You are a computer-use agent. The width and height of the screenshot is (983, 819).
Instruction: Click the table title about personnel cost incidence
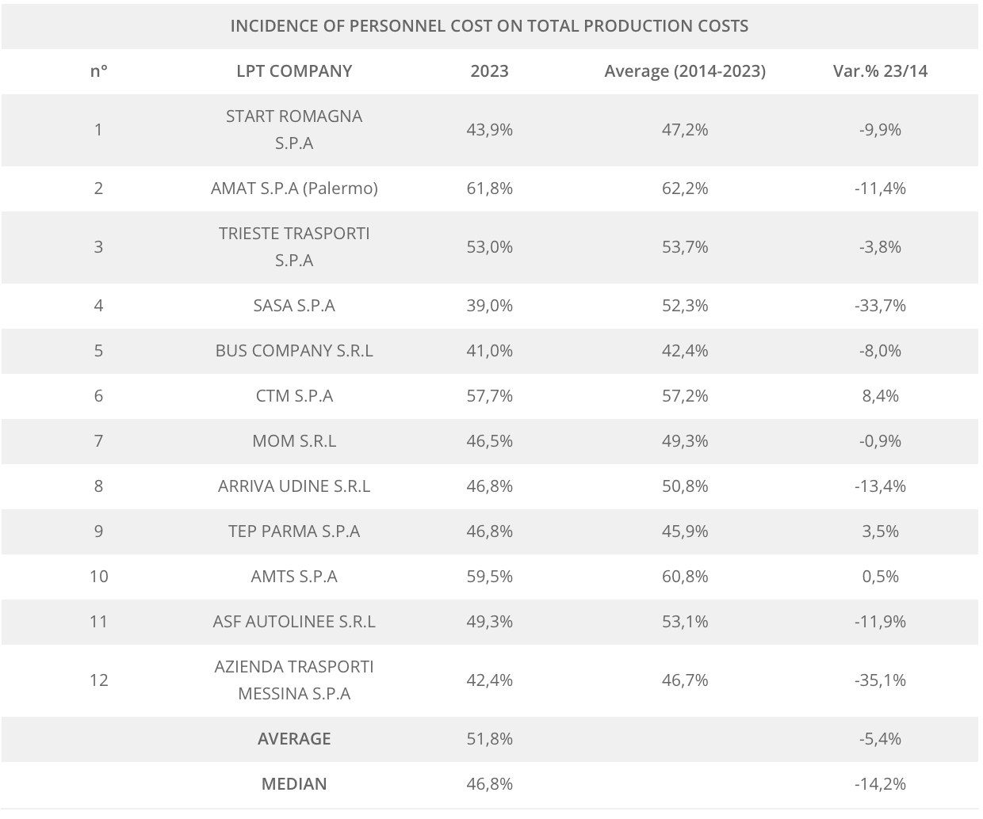489,25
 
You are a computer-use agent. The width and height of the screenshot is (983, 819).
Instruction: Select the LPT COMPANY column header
294,70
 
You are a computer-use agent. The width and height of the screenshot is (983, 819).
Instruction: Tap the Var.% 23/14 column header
880,70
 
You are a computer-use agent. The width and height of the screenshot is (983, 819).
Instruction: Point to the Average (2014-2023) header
685,70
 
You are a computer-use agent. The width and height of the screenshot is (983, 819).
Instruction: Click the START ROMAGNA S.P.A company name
294,129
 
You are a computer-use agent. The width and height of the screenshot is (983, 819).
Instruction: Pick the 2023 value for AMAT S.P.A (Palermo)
489,188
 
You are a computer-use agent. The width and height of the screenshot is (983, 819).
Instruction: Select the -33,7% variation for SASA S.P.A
880,305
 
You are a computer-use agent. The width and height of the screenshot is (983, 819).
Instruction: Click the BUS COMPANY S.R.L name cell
294,350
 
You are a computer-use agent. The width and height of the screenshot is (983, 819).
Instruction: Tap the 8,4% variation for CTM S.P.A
880,395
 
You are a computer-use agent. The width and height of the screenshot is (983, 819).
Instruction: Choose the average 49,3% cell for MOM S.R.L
685,440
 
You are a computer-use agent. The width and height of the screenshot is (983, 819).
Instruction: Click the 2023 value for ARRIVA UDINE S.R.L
489,486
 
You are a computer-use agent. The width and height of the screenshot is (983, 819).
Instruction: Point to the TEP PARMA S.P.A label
294,531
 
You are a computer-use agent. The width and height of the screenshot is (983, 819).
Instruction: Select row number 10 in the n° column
98,576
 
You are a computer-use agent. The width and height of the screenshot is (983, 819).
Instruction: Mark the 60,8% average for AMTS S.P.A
685,576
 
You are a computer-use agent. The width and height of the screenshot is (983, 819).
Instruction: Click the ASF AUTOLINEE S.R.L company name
294,621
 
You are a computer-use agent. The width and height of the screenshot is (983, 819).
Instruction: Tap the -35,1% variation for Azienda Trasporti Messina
880,680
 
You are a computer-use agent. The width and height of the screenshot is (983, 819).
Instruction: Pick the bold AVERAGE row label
294,738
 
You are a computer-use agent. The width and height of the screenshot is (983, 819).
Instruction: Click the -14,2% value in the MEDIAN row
880,783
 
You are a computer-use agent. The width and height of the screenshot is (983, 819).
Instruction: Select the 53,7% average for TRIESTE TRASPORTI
685,246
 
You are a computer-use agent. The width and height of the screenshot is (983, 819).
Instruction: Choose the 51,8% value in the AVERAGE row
489,738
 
